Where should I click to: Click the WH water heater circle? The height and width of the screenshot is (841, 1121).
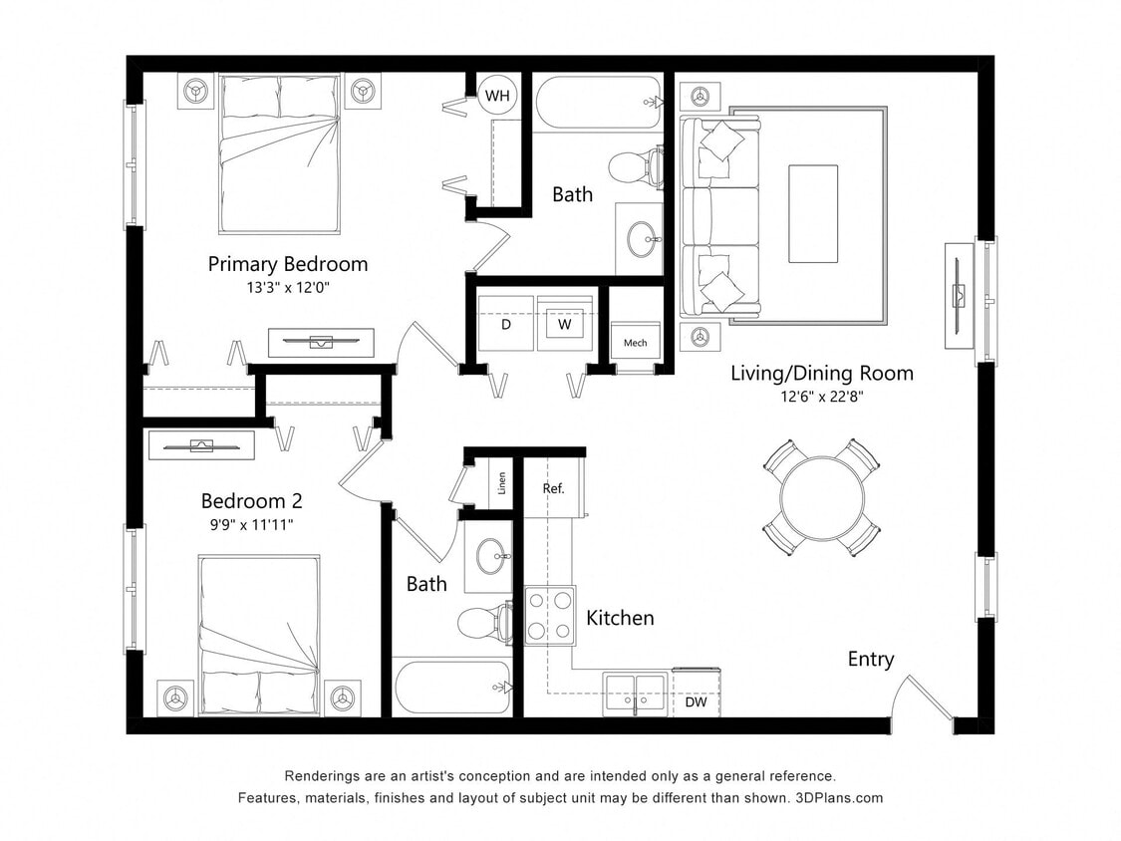click(497, 96)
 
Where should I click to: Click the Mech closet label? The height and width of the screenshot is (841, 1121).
click(635, 343)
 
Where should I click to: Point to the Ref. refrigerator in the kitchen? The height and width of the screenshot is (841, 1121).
click(554, 488)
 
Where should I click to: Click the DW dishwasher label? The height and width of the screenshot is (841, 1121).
click(696, 701)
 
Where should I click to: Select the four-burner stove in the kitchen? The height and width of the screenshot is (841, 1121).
click(550, 615)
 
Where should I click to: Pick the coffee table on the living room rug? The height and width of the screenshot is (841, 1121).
click(813, 213)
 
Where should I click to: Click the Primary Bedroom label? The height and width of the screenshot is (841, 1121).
click(287, 264)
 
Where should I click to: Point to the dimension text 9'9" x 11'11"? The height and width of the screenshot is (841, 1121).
click(251, 524)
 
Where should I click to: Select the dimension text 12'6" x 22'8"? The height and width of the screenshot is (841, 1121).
click(821, 397)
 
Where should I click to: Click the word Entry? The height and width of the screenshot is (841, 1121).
click(871, 659)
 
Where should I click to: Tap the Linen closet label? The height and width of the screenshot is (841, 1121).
click(502, 483)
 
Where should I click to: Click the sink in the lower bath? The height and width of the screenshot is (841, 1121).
click(491, 557)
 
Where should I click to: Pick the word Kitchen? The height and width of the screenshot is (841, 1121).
click(620, 618)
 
